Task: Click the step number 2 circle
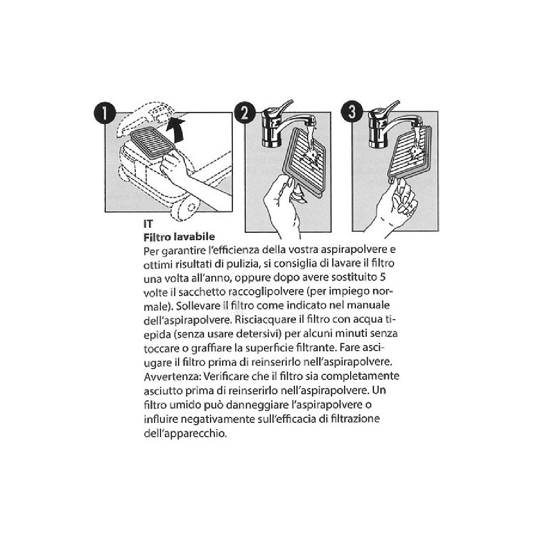click(245, 113)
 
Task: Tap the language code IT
click(148, 224)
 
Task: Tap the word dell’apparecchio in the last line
click(184, 434)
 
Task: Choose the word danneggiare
click(257, 405)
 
